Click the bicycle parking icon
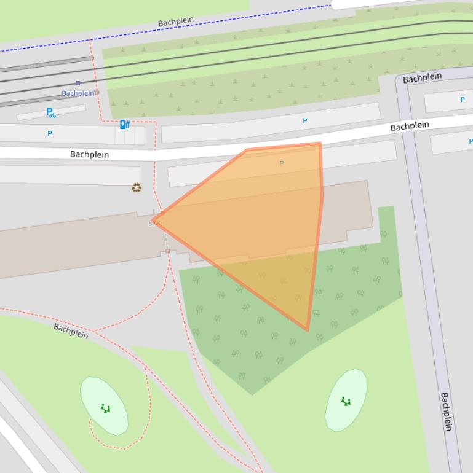pyautogui.click(x=51, y=113)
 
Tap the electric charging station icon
pyautogui.click(x=124, y=124)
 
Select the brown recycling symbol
pyautogui.click(x=137, y=187)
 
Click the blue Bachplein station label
pyautogui.click(x=79, y=93)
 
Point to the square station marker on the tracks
pyautogui.click(x=78, y=83)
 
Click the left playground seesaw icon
pyautogui.click(x=105, y=408)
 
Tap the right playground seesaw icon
pyautogui.click(x=346, y=402)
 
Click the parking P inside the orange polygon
pyautogui.click(x=282, y=163)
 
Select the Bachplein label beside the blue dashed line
pyautogui.click(x=176, y=21)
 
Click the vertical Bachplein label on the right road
pyautogui.click(x=447, y=412)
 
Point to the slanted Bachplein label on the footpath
pyautogui.click(x=71, y=331)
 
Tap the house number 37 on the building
pyautogui.click(x=153, y=224)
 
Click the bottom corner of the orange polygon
pyautogui.click(x=308, y=330)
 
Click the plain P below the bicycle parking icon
pyautogui.click(x=50, y=133)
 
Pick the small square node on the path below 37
pyautogui.click(x=167, y=251)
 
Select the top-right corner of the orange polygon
pyautogui.click(x=320, y=144)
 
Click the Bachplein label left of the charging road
pyautogui.click(x=89, y=155)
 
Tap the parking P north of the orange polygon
pyautogui.click(x=305, y=122)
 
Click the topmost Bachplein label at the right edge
pyautogui.click(x=423, y=78)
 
